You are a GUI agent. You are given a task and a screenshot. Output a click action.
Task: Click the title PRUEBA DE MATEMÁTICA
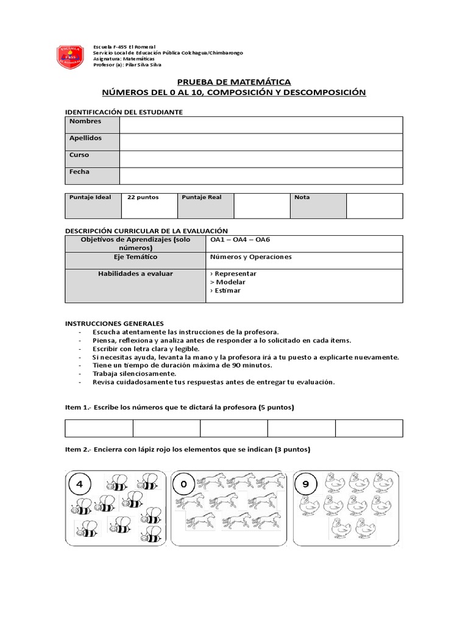234,82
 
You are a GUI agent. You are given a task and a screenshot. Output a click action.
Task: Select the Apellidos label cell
92,141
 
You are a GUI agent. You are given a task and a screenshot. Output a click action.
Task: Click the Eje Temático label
136,257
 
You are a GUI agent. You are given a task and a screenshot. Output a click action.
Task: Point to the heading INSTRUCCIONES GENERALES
115,323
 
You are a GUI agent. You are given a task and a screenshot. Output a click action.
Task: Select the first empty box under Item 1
99,428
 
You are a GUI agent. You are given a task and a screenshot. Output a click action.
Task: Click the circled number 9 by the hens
306,486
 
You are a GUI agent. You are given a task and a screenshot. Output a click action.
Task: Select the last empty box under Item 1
369,428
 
